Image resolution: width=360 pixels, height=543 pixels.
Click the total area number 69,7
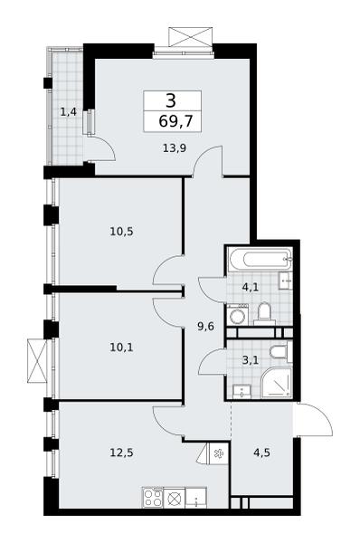coord(175,121)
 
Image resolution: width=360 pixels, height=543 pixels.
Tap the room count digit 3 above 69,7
coord(171,100)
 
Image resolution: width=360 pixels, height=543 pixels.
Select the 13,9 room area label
coord(175,148)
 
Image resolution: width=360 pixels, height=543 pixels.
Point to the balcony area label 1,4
coord(69,112)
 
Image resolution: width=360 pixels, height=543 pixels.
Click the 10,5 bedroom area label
coord(121,231)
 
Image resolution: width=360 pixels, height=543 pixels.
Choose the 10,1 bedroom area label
coord(121,347)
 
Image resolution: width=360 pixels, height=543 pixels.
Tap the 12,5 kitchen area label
coord(121,452)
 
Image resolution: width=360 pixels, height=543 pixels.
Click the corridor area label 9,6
coord(206,326)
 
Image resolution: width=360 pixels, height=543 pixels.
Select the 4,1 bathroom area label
coord(251,287)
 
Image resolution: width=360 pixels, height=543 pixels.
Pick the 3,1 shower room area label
coord(251,360)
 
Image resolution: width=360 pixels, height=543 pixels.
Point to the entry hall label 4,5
coord(261,452)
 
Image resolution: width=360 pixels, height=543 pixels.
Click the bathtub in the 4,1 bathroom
coord(260,259)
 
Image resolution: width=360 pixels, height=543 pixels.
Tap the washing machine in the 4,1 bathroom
coord(238,315)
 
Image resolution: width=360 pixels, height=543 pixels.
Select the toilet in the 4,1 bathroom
coord(264,314)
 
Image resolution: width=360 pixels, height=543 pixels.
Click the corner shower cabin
coord(276,382)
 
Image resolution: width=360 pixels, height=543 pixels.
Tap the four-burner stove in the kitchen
coord(153,498)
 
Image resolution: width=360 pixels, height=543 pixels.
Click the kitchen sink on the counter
coord(196,498)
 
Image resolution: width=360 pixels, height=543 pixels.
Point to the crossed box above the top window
coord(190,37)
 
